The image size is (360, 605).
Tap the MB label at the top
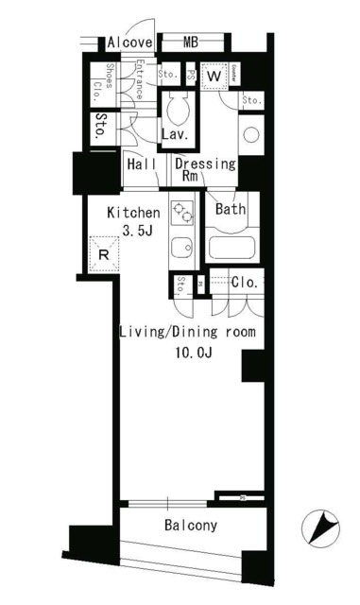[191, 43]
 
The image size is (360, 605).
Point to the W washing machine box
[213, 75]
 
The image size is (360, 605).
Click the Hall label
[141, 163]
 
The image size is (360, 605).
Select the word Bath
[231, 209]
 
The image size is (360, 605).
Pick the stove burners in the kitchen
[180, 215]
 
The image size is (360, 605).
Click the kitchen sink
[180, 251]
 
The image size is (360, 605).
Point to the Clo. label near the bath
[246, 282]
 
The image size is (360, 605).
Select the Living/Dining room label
[186, 331]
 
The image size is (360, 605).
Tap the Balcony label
[191, 526]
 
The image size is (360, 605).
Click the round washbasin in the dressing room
[250, 133]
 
